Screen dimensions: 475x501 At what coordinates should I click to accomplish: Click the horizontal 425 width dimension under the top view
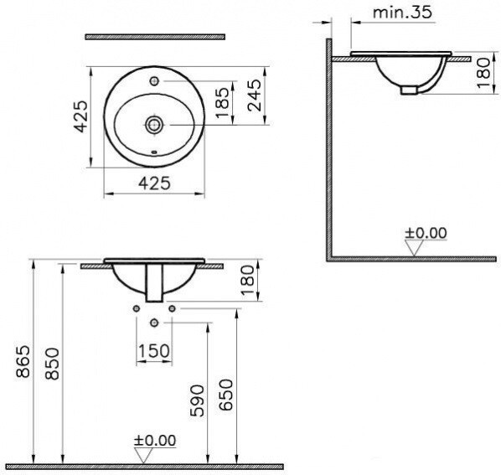coord(154,183)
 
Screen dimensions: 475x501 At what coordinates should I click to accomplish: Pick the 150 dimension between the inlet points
coord(155,349)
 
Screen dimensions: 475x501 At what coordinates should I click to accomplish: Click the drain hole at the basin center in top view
coord(154,125)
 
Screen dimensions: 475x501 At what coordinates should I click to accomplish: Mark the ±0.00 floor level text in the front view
coord(156,440)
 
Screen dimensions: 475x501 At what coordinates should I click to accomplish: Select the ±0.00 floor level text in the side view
coord(426,232)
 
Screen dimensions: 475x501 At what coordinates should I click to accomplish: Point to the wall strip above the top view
coord(155,36)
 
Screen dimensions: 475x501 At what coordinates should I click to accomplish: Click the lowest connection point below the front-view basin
coord(154,323)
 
